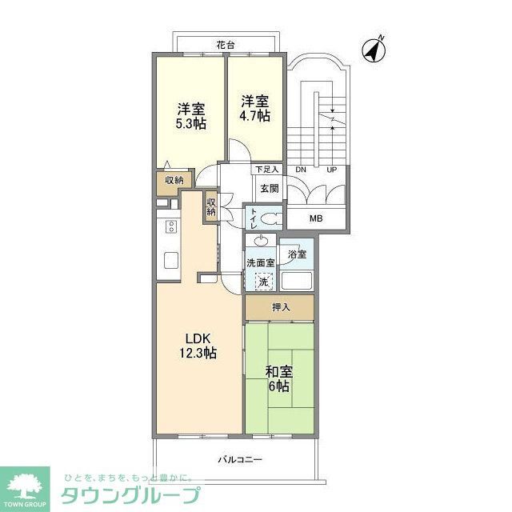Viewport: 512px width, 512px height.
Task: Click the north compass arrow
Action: [x=374, y=49]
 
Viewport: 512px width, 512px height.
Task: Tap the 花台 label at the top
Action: [x=226, y=46]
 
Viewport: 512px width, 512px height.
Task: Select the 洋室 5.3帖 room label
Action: [x=190, y=114]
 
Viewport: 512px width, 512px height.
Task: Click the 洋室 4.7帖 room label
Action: [x=255, y=108]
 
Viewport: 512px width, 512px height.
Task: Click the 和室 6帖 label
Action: [x=278, y=378]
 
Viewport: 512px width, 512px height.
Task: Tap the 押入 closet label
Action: [x=280, y=307]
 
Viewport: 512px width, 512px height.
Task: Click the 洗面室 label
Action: [x=260, y=262]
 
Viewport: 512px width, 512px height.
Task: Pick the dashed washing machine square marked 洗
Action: [x=263, y=282]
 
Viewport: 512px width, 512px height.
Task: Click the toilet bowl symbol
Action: [x=270, y=218]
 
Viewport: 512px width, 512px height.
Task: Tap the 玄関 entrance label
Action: [x=269, y=189]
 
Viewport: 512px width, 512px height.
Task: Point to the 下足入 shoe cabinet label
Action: [x=266, y=170]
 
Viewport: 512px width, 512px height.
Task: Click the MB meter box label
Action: [x=317, y=217]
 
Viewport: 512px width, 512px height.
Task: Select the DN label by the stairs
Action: [x=301, y=170]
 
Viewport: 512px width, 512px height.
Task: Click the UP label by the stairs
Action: [x=332, y=170]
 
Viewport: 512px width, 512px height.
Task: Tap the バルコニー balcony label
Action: [x=240, y=460]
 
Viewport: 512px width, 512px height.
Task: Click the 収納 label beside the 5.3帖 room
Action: [x=174, y=181]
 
